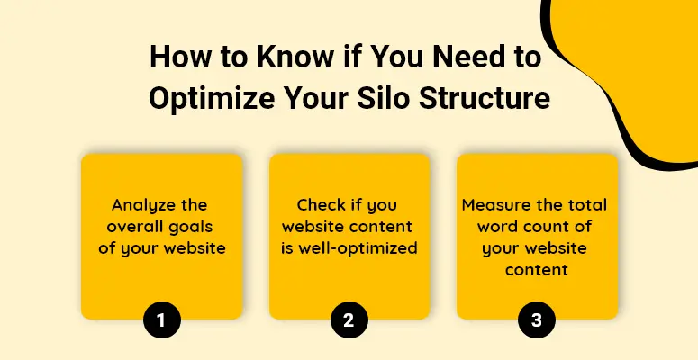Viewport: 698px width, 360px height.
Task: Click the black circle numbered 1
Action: coord(162,320)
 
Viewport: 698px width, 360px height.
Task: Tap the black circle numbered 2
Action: coord(349,320)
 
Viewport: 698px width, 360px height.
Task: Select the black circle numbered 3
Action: coord(537,320)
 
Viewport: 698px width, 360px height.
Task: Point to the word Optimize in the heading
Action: coord(212,99)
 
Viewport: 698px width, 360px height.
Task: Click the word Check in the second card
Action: coord(321,205)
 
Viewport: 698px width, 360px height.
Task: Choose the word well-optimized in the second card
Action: coord(358,248)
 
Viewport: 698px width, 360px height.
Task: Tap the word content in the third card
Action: coord(537,270)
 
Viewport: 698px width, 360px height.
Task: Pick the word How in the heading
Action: coord(177,58)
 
